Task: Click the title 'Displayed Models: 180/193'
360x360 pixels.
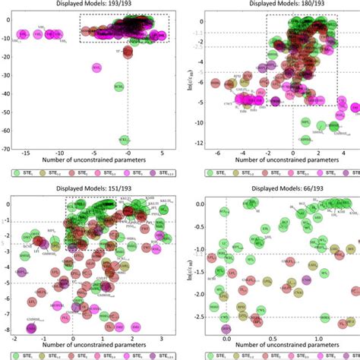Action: click(x=270, y=5)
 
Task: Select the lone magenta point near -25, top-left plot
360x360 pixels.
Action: click(x=96, y=68)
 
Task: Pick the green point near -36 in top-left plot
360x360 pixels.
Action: click(x=118, y=87)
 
